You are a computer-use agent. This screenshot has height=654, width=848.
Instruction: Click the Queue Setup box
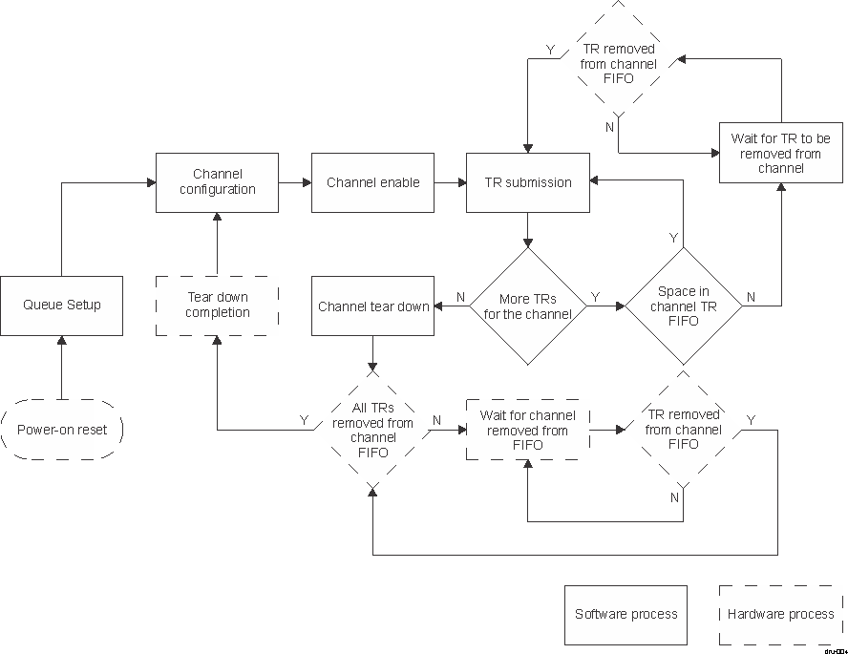62,306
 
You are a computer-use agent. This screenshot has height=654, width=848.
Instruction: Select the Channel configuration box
217,182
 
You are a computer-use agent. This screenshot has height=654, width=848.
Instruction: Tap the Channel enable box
372,182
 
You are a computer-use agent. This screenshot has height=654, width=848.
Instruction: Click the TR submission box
527,182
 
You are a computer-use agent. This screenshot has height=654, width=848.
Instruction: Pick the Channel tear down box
372,306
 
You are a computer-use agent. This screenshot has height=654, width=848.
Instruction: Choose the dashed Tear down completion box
217,306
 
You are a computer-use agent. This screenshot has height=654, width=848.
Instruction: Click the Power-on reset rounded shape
62,430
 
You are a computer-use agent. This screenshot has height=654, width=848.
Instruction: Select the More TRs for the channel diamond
527,306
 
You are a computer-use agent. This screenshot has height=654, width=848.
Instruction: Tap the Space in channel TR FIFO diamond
683,306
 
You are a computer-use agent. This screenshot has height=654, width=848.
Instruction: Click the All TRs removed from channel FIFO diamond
372,431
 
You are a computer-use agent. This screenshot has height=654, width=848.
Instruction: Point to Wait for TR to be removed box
781,153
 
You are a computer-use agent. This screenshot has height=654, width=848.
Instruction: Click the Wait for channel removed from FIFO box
527,431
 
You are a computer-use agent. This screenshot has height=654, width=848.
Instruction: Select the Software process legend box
625,614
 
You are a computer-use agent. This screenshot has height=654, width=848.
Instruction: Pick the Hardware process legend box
780,614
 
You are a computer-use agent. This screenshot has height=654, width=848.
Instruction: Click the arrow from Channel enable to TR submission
450,182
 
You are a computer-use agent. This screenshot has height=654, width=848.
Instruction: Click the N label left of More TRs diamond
460,298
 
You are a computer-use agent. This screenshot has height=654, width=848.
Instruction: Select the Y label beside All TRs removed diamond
304,420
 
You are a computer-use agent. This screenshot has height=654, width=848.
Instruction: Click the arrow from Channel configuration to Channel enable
295,182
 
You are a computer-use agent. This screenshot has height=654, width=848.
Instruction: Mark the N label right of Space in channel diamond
751,298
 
